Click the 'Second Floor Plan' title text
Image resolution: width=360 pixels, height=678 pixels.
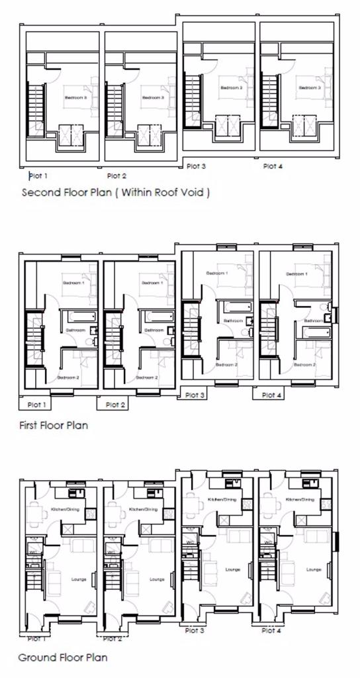pos(116,193)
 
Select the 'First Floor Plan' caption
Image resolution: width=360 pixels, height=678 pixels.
pos(53,424)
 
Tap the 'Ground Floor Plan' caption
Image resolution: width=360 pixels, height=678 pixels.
pos(62,657)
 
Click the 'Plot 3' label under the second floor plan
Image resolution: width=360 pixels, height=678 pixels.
pos(196,166)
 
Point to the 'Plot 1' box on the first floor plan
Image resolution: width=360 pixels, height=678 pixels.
pos(35,404)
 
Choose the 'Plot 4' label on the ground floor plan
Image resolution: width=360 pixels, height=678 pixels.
pos(272,630)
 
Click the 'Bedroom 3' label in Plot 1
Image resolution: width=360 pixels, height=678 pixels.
pos(75,98)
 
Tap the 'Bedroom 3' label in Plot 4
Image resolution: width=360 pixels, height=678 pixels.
pos(310,87)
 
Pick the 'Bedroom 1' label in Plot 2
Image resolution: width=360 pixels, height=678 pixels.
pos(152,283)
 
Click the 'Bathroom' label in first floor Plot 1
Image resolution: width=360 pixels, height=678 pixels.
pos(75,329)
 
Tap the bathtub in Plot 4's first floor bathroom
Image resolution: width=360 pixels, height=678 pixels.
pos(316,329)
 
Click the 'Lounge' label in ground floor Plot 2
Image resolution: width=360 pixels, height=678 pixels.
pos(157,579)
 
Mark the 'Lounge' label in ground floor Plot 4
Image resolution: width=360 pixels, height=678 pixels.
pos(314,569)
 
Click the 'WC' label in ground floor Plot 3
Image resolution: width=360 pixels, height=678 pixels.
pos(191,543)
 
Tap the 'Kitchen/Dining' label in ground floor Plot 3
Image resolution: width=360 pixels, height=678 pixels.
pos(222,499)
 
